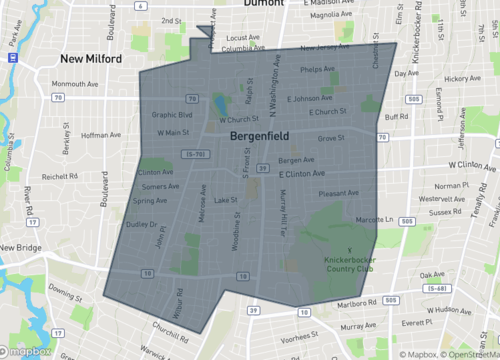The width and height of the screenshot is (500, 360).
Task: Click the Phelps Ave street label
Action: (x=316, y=69)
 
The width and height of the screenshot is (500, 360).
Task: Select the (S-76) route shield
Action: (x=195, y=154)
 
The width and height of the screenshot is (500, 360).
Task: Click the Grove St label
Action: (x=330, y=139)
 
